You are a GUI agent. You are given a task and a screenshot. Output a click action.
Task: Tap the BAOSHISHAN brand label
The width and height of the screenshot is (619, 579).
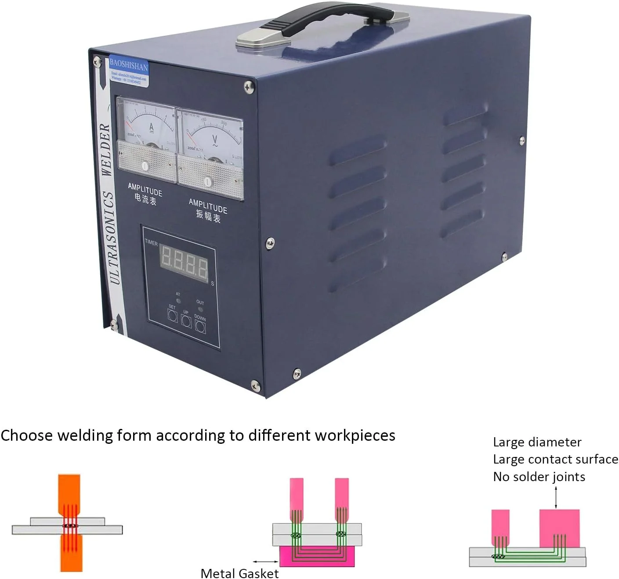point(128,66)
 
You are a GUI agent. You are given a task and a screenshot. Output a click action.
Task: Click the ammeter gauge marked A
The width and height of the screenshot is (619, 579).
point(147,125)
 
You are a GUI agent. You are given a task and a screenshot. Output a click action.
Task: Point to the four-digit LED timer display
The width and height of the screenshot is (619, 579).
point(184,262)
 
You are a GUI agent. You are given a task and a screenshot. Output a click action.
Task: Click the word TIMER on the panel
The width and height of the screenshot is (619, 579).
point(151,243)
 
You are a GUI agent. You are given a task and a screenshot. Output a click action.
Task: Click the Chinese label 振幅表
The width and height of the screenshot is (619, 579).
point(208,216)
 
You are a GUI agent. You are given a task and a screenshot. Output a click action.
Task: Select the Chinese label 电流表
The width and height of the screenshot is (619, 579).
point(145,200)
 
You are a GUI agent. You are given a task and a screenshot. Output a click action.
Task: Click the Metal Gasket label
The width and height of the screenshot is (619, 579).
point(239,573)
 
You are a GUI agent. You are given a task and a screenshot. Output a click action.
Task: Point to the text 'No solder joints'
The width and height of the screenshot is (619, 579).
point(539,477)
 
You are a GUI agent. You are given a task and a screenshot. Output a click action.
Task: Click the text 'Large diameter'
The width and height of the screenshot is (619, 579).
point(537,442)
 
